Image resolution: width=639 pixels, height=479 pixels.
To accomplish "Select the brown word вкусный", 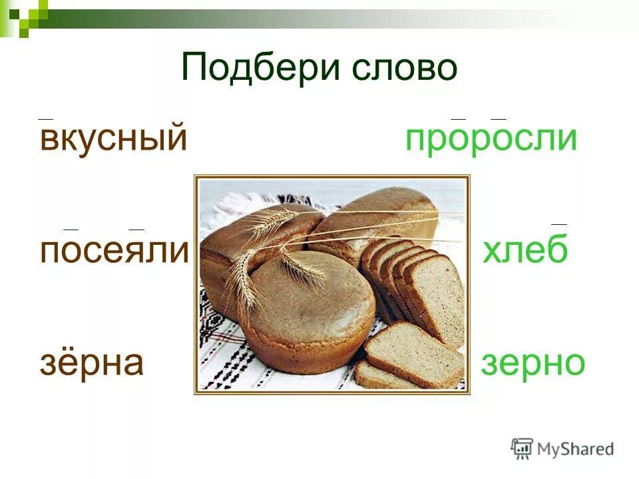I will click(112, 139).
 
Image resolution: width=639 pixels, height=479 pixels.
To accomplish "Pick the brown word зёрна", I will click(92, 363).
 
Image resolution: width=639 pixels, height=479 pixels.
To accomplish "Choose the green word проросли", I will click(491, 139).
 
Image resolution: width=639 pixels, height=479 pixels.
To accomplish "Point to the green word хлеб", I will click(525, 252).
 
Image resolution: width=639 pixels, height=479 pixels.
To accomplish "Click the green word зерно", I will click(532, 363).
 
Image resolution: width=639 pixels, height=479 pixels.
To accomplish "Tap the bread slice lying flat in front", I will click(413, 353).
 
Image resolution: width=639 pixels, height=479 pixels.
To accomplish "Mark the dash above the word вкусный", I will click(45, 118).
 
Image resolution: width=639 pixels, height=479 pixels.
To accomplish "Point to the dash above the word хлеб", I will click(559, 225).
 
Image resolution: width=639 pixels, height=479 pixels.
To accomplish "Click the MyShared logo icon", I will click(522, 448).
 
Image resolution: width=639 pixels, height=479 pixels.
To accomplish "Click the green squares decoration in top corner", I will click(23, 15).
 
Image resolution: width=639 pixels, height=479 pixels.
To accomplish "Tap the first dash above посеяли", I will click(71, 229).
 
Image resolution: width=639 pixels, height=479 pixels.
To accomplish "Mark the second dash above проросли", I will click(498, 118).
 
